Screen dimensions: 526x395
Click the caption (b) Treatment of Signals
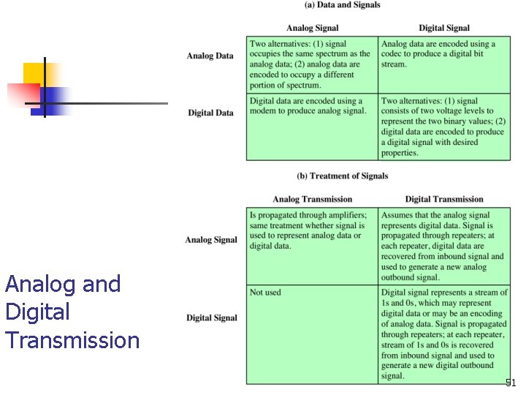343,176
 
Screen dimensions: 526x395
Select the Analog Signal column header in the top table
312,29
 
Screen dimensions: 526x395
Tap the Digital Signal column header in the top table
444,29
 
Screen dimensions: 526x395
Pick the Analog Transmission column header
312,199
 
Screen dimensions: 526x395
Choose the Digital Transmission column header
444,199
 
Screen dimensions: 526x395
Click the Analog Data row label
210,56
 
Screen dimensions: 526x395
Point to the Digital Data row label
210,113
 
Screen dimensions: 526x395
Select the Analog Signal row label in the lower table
211,240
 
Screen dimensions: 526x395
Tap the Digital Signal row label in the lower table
211,317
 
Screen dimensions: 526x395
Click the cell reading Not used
265,293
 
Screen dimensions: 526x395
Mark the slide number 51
511,383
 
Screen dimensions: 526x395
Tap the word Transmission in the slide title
72,341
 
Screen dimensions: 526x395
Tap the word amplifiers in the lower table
342,215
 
